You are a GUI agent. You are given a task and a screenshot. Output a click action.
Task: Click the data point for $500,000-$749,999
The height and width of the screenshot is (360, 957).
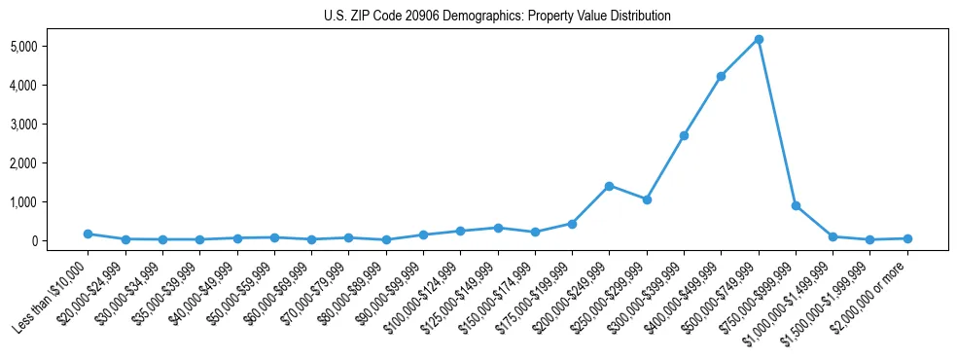tap(759, 39)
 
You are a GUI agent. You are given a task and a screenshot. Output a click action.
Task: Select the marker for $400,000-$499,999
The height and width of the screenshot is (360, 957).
tap(721, 76)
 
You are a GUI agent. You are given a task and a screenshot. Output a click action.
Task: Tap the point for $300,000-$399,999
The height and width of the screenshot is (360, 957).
tap(684, 135)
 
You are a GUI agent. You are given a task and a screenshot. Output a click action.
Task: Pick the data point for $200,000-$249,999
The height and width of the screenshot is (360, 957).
tap(609, 186)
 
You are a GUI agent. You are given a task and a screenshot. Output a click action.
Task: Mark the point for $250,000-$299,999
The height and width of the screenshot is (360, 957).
tap(647, 199)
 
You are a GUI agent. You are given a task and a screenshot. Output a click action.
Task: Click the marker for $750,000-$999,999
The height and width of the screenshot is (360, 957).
tap(796, 206)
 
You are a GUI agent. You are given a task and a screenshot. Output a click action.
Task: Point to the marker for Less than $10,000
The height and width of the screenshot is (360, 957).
tap(88, 234)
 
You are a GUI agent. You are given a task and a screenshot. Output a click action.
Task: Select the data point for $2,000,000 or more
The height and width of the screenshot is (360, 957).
tap(907, 238)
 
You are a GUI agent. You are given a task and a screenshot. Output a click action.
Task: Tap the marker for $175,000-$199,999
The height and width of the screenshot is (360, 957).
tap(572, 224)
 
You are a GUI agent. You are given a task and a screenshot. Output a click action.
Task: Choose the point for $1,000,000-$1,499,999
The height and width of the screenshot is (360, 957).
tap(833, 236)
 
